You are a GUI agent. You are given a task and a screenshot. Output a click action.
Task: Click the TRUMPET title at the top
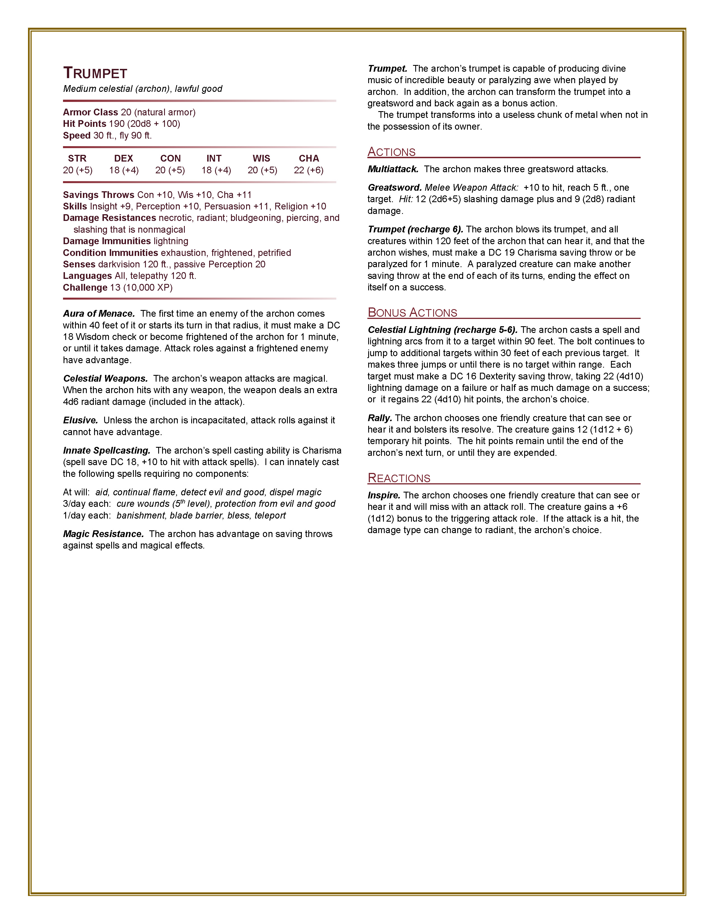coord(95,73)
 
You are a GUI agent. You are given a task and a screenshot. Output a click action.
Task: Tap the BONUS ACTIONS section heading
coord(412,313)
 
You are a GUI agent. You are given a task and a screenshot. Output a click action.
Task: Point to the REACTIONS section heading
coord(399,478)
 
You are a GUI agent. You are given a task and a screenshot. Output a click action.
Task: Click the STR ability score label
coord(77,158)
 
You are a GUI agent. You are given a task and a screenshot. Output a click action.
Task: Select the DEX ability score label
coord(123,158)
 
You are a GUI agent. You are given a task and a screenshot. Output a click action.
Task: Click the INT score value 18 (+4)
coord(216,170)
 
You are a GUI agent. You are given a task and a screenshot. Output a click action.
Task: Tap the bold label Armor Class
coord(90,112)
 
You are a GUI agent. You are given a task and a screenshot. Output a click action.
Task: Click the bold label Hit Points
coord(85,123)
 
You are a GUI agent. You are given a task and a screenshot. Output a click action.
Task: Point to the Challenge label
coord(85,288)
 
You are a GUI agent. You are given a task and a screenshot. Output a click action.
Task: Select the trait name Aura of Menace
coord(99,314)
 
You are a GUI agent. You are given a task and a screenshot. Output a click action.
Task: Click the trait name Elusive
coord(80,420)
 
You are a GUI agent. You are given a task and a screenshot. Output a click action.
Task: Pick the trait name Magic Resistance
coord(103,534)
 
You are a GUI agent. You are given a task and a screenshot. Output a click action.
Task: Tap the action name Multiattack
coord(393,169)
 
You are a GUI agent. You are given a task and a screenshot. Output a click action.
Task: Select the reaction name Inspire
coord(384,495)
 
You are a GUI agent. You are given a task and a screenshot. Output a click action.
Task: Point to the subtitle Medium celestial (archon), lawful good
coord(143,89)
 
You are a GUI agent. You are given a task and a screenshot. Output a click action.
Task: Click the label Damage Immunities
coord(107,241)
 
